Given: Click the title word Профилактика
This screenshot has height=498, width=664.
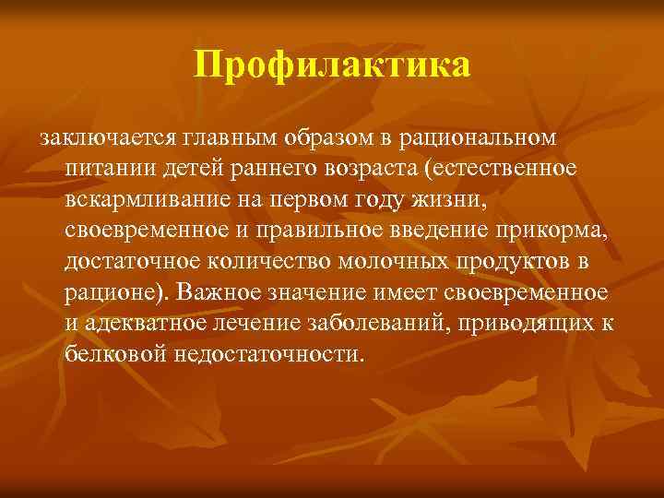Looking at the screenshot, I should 332,65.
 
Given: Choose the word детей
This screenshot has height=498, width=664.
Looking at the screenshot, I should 186,170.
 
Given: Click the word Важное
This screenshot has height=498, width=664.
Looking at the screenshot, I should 222,292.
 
